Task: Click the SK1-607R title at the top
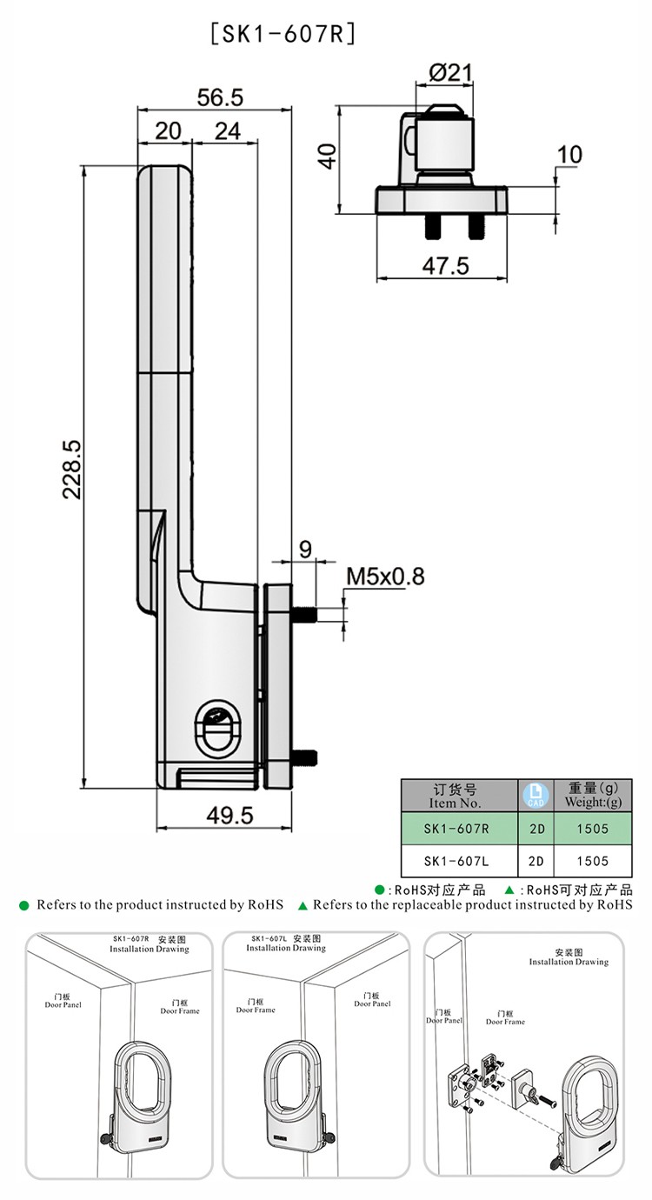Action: point(283,35)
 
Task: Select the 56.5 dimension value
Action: point(220,97)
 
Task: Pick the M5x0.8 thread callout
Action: point(385,577)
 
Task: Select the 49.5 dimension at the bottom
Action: point(230,815)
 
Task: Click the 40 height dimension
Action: point(326,157)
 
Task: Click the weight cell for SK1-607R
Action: point(592,829)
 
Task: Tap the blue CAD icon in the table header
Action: point(536,795)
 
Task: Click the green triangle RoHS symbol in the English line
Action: point(303,905)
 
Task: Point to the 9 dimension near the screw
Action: point(305,550)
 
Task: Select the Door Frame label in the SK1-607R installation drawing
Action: point(180,1007)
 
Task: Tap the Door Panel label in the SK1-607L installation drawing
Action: point(372,999)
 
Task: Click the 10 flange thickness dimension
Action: point(569,155)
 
